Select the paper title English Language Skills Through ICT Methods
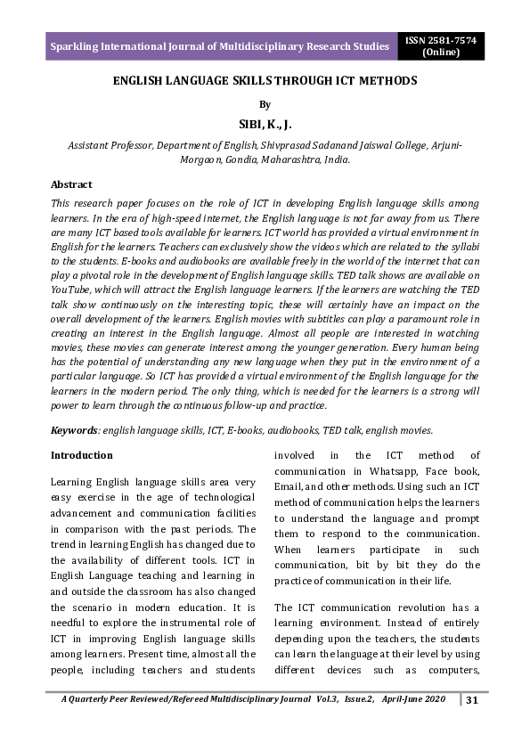[265, 81]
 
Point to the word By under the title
[263, 104]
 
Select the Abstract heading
[71, 184]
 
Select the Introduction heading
[81, 455]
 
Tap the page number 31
[473, 700]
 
